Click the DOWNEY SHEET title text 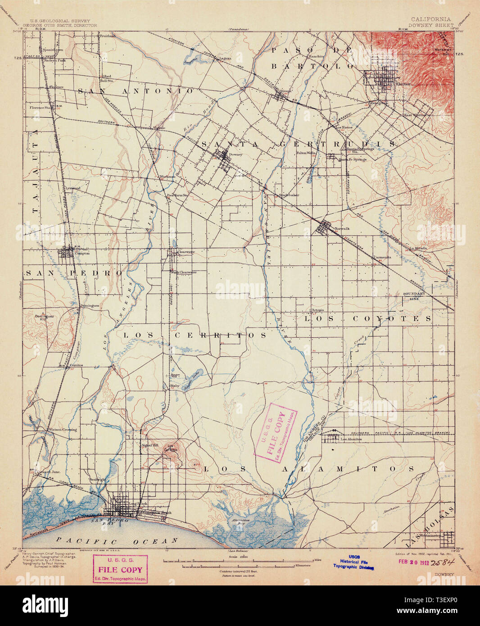[431, 25]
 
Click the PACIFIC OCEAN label [115, 541]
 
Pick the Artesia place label [318, 310]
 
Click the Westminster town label [430, 536]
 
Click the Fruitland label [108, 35]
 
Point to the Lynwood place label [72, 188]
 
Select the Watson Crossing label [63, 429]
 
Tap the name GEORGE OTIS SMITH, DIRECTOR [60, 26]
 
